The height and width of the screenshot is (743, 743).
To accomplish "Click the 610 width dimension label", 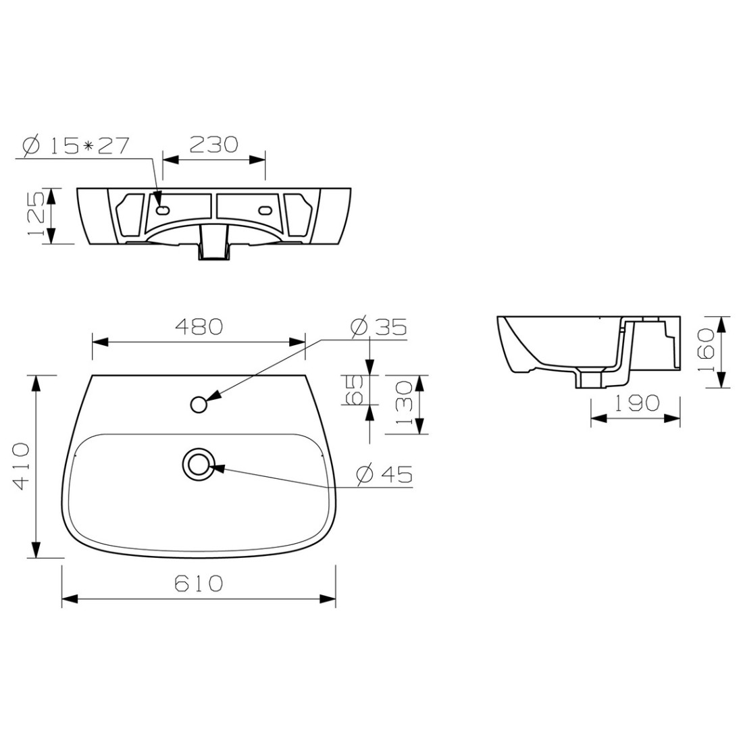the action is (x=199, y=583).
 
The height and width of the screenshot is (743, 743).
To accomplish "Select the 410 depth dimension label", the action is (x=22, y=466).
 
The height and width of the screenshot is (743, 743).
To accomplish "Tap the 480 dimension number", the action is (x=199, y=326).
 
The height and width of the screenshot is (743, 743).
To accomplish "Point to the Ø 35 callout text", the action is (x=378, y=326).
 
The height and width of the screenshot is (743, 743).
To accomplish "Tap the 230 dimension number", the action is (x=213, y=145).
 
